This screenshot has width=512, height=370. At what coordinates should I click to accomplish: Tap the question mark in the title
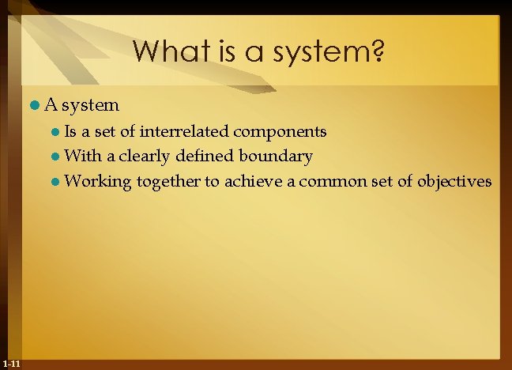pyautogui.click(x=377, y=51)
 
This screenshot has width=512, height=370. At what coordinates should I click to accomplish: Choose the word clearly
pyautogui.click(x=141, y=157)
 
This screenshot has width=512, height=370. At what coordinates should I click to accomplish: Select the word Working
pyautogui.click(x=97, y=182)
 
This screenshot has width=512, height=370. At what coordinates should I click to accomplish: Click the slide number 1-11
pyautogui.click(x=11, y=363)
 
